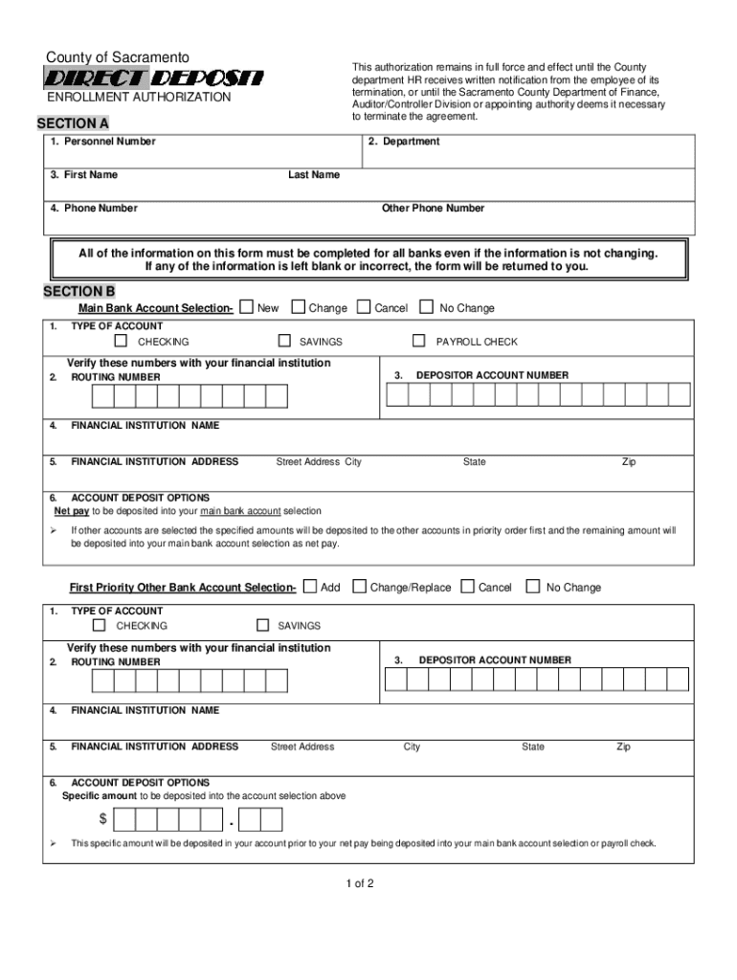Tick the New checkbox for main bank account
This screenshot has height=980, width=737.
pos(247,307)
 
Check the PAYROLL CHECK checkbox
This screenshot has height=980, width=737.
pos(418,341)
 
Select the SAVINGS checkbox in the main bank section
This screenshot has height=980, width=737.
pos(284,341)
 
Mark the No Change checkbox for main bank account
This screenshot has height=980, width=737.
pos(427,307)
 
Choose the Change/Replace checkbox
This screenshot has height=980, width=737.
pos(360,587)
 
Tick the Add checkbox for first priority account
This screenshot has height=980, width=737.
pos(310,587)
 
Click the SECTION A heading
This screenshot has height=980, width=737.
pos(73,124)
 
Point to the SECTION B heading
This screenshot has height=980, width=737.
pos(79,291)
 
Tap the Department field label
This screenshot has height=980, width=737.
pos(404,142)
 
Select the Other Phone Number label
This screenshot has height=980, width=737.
pos(433,209)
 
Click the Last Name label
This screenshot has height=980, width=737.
pos(314,175)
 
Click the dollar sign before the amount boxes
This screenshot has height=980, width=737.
pos(102,820)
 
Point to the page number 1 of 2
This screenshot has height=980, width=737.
pos(360,883)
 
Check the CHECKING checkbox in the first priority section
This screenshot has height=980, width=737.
pos(100,625)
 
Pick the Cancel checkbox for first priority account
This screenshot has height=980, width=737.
pos(468,587)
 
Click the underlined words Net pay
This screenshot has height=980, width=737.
pos(72,511)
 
